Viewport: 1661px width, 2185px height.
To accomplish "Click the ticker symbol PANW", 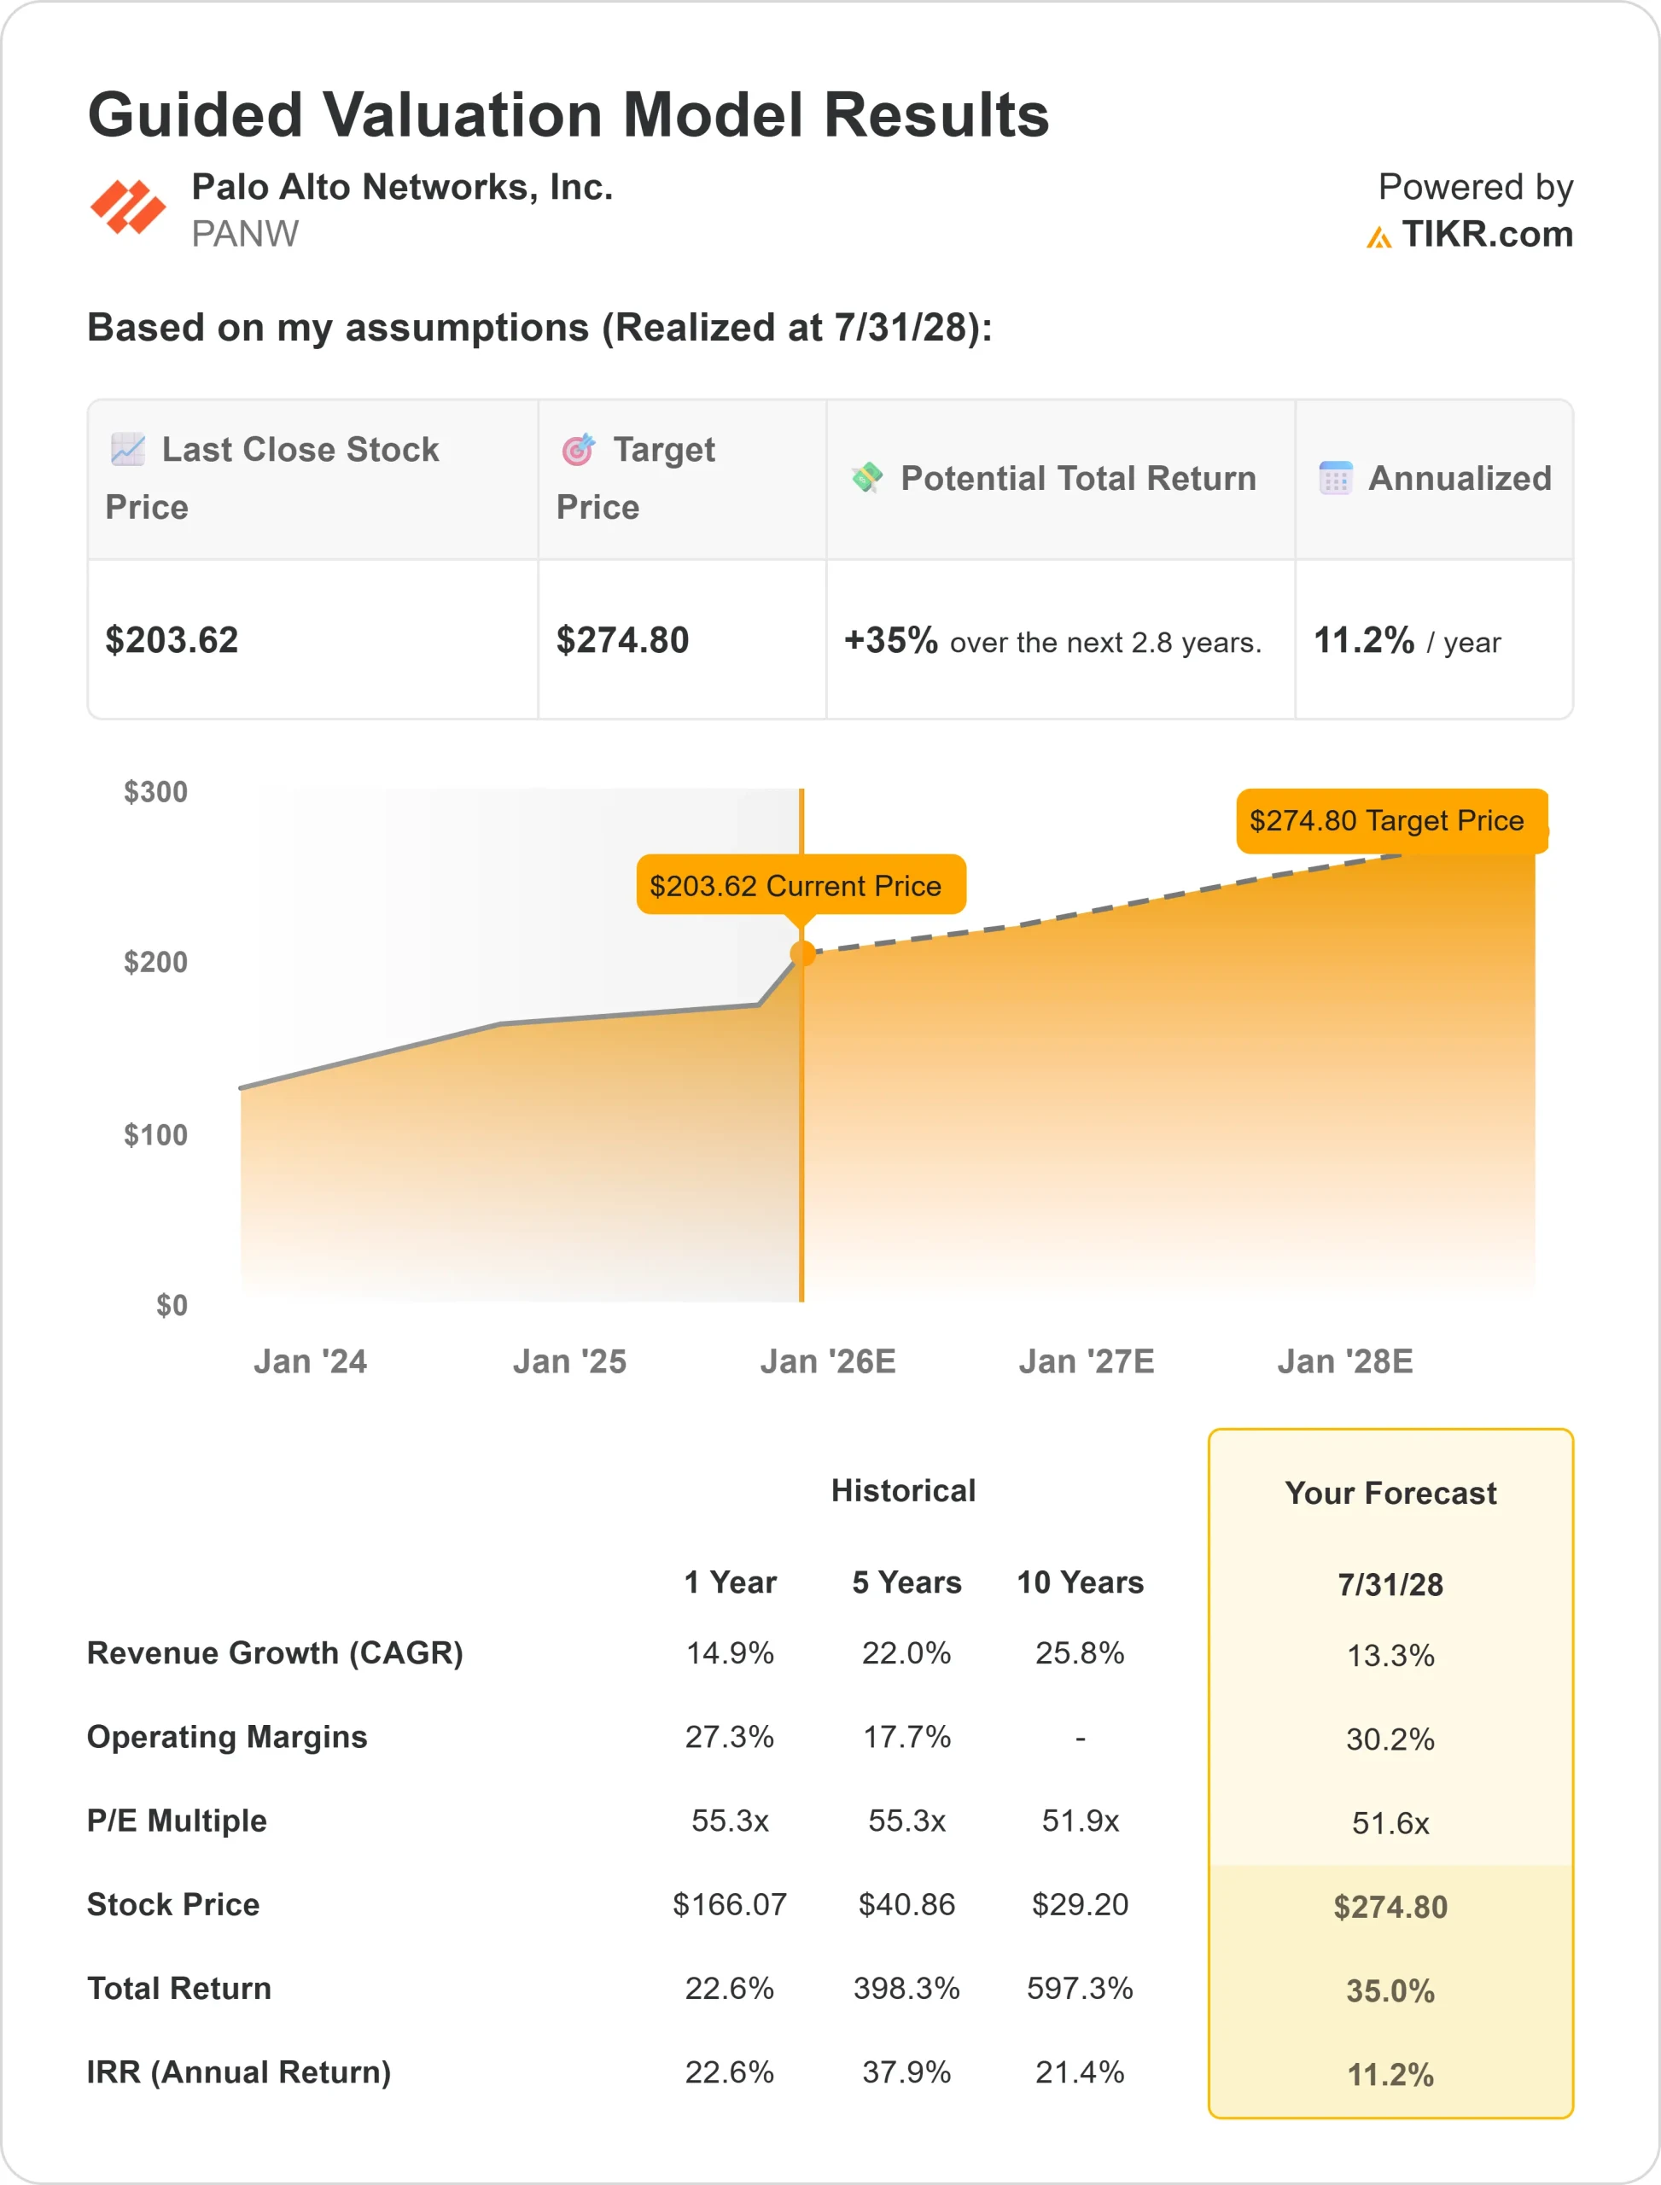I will tap(244, 235).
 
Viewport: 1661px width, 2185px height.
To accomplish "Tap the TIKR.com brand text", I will tap(1486, 235).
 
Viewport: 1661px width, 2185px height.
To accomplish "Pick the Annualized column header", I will tap(1459, 479).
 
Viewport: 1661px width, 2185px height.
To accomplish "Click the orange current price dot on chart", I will tap(803, 953).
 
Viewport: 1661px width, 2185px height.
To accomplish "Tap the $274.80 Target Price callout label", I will tap(1386, 820).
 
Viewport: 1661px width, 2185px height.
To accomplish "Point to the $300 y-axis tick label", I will tap(155, 792).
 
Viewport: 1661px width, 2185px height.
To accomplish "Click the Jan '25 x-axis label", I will tap(569, 1361).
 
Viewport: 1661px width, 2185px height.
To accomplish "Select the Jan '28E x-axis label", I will tap(1344, 1361).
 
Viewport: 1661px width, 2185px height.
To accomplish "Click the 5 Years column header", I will tap(906, 1582).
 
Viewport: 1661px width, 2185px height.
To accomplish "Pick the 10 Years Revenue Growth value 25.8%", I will tap(1080, 1653).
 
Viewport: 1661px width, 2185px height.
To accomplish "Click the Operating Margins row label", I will tap(226, 1737).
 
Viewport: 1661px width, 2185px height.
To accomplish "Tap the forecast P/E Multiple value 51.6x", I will tap(1390, 1823).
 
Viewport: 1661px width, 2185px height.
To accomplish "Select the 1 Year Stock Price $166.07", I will tap(730, 1904).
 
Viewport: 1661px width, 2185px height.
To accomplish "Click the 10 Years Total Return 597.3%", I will tap(1080, 1988).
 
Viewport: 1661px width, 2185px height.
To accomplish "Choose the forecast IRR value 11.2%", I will tap(1390, 2074).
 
